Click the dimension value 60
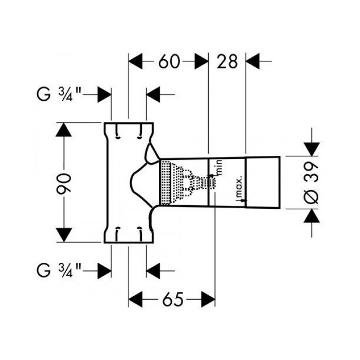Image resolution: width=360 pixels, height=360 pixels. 169,62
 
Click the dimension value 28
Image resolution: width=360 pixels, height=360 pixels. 227,62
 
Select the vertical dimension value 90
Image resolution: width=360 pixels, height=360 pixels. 64,184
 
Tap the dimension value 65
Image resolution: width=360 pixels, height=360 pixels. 173,299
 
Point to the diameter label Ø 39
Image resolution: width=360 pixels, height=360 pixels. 313,183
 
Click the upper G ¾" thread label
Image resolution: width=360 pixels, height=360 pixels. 59,94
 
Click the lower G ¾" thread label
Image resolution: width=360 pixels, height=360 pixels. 59,271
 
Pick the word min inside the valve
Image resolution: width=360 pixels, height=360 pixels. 219,168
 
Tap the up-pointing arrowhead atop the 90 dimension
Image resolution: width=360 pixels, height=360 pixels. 64,130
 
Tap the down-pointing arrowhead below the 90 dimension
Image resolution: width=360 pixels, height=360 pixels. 64,235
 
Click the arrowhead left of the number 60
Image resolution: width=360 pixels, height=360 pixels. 136,61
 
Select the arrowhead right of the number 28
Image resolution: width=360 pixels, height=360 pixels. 253,61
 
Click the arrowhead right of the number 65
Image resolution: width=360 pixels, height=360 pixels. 208,299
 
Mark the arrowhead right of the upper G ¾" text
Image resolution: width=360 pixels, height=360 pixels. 104,94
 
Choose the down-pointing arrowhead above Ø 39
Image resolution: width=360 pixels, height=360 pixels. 312,149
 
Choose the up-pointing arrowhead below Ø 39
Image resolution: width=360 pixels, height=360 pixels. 312,216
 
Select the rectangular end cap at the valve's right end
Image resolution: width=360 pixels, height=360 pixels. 263,183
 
